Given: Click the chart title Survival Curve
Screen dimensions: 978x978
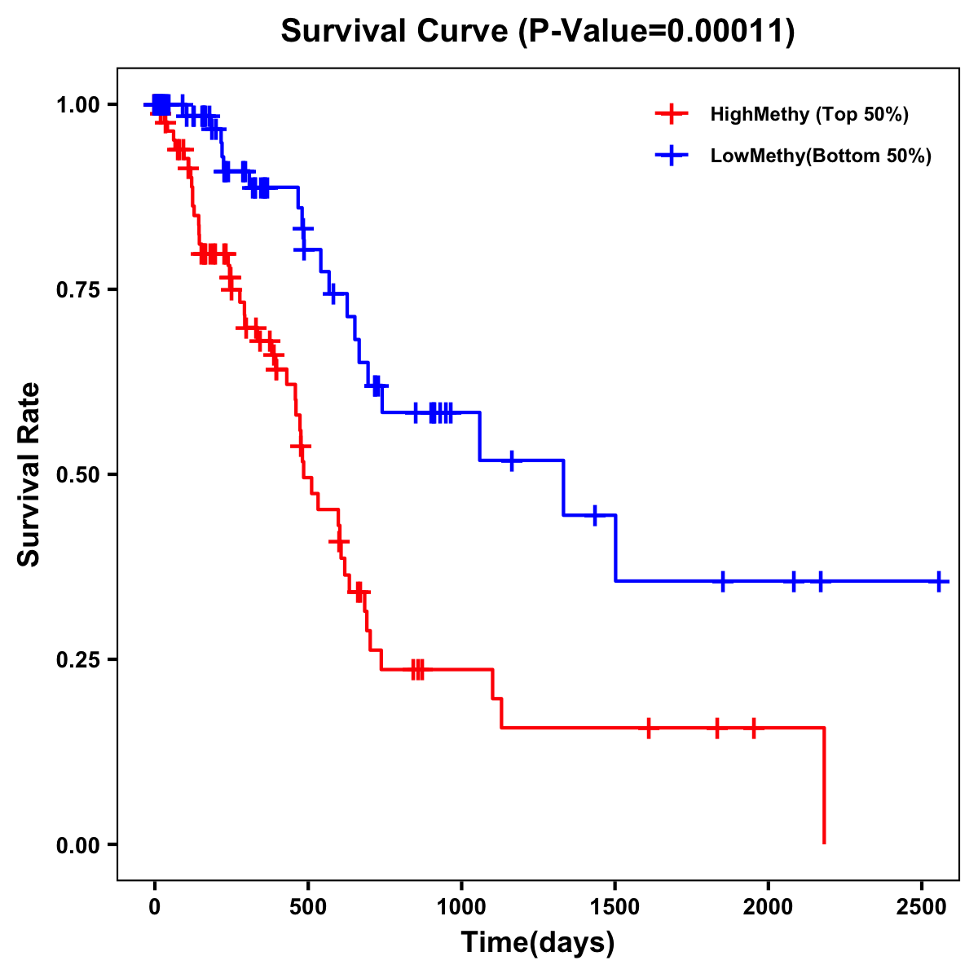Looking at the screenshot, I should point(538,31).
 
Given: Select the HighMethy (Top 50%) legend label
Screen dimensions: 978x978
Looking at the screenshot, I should point(809,114).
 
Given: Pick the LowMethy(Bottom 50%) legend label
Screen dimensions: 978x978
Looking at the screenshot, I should point(821,156).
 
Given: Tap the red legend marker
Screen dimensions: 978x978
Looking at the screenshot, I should point(671,114).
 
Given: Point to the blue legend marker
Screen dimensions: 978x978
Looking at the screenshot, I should point(671,156).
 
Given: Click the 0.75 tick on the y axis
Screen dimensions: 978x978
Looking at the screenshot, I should point(78,289).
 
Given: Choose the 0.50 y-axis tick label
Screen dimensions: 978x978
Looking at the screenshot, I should point(78,474).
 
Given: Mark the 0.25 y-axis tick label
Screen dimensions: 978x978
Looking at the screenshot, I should point(78,659).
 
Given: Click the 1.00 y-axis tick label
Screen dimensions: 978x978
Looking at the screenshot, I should point(78,104).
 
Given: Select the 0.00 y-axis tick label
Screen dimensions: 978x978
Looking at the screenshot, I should point(78,844).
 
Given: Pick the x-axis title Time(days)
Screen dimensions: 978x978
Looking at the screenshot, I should point(538,943).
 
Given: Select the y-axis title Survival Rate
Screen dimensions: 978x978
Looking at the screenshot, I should point(30,474).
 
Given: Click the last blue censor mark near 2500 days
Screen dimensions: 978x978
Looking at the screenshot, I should point(939,581).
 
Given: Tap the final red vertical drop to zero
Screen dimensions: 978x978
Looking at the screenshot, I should point(824,786).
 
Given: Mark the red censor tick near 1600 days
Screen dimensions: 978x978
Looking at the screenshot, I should point(649,728).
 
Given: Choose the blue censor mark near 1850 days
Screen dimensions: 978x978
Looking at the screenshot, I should point(722,581).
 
